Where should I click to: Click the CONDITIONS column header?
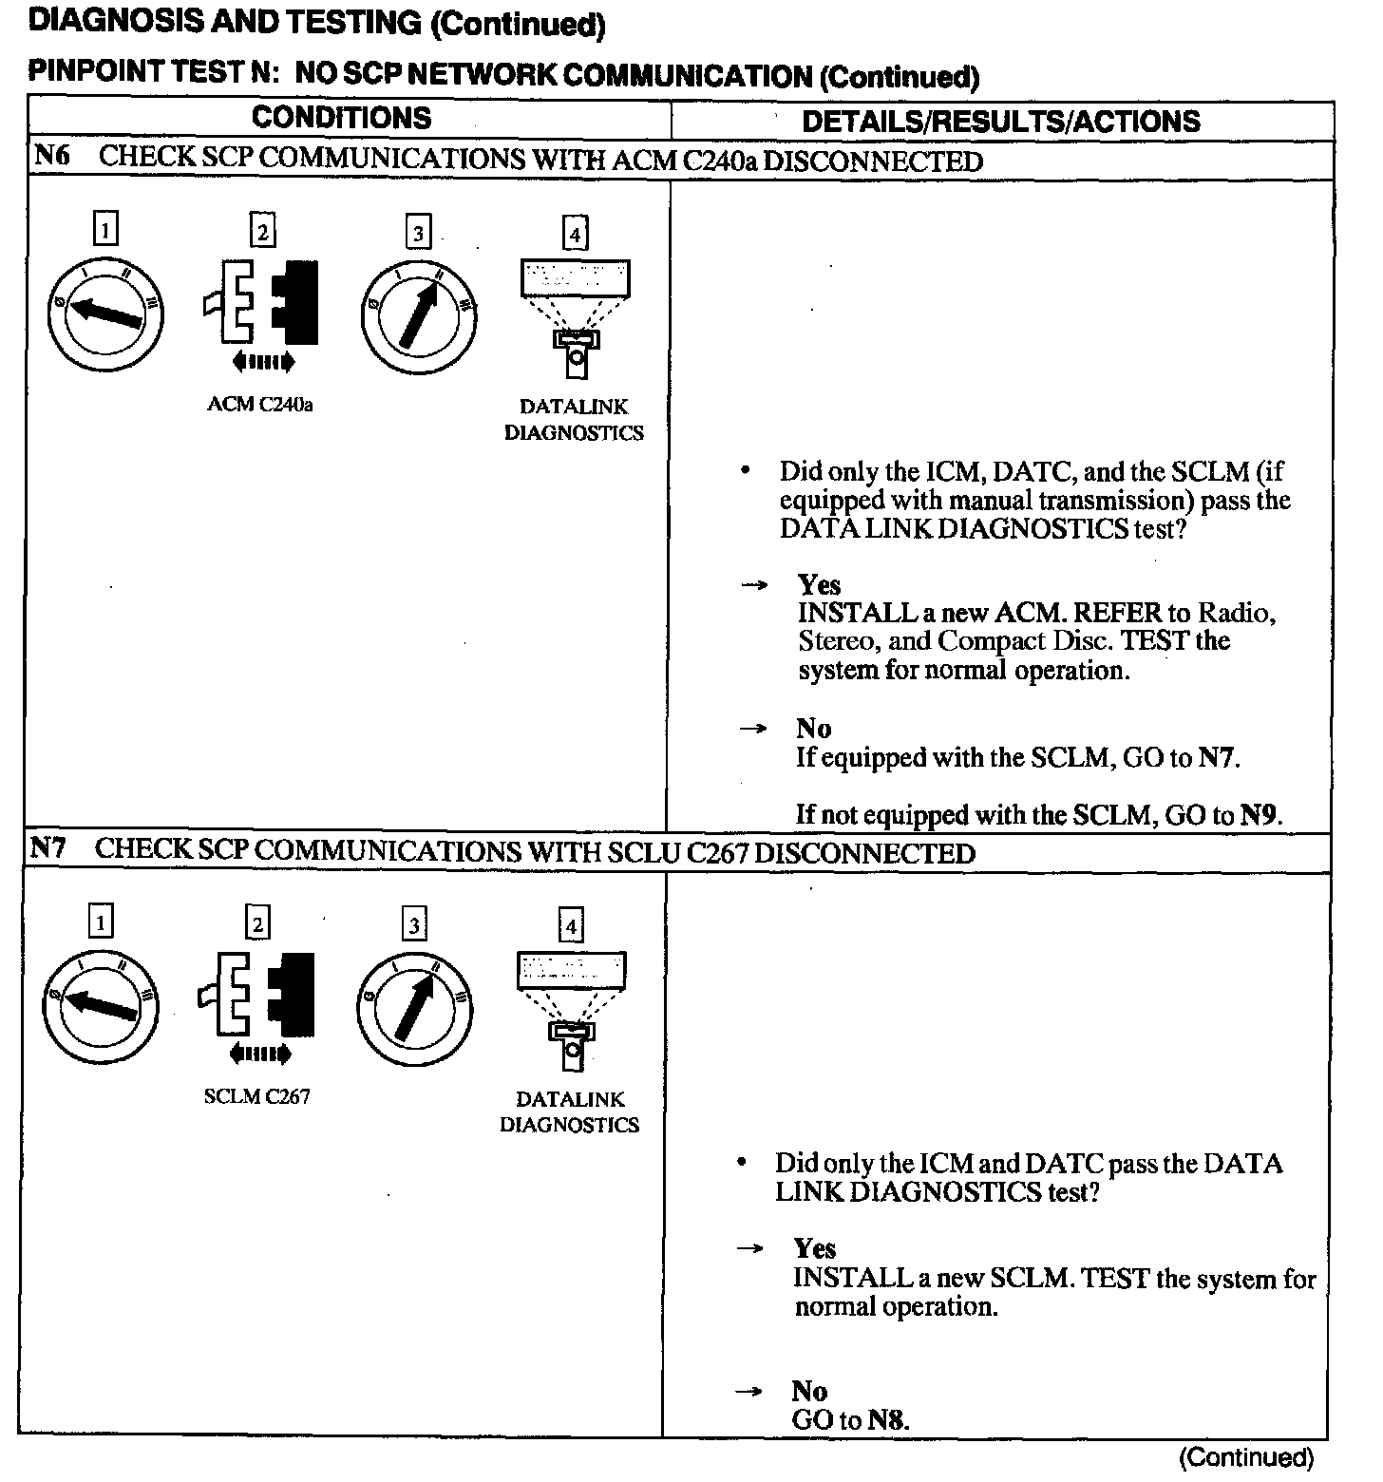tap(341, 118)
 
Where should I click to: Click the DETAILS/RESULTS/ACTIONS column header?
tap(1001, 122)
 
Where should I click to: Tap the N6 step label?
tap(52, 157)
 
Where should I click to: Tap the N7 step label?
tap(48, 848)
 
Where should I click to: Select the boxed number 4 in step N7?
tap(570, 925)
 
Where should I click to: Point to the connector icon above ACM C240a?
tap(261, 302)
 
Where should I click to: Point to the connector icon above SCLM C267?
tap(257, 994)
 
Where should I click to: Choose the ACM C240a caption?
tap(260, 405)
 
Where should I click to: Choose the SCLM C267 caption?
tap(256, 1097)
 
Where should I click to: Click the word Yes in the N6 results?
tap(819, 584)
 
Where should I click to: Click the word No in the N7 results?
tap(809, 1392)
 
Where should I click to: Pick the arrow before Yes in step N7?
tap(750, 1249)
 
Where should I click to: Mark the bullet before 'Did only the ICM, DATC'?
tap(747, 471)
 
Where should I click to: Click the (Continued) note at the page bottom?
tap(1245, 1457)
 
